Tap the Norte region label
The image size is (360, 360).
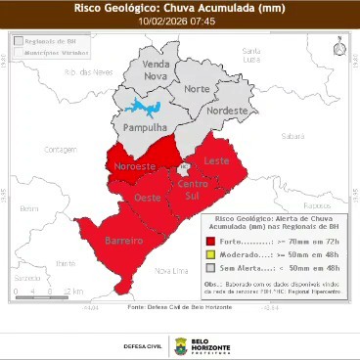[x=197, y=89]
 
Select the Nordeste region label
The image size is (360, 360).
[x=226, y=111]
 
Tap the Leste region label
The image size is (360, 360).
[x=215, y=160]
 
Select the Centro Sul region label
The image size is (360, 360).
[x=194, y=191]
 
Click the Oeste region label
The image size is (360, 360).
[x=148, y=200]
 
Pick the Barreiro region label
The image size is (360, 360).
[x=124, y=241]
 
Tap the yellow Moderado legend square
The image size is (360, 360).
[x=210, y=253]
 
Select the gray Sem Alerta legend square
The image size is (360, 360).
[x=210, y=266]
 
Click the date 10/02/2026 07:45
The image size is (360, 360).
[x=180, y=21]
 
